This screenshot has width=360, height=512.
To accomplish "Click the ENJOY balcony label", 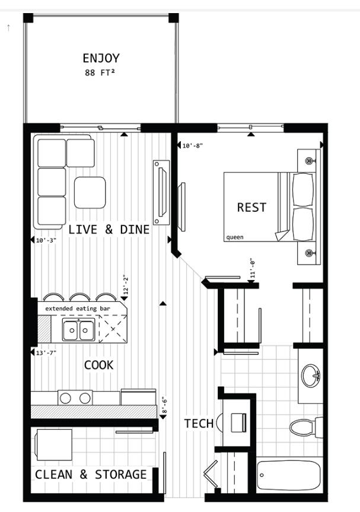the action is click(x=101, y=59).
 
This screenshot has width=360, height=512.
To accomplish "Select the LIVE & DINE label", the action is click(x=109, y=230).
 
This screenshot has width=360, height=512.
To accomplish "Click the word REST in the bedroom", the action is click(x=251, y=207).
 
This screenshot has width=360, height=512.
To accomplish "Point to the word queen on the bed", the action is click(x=235, y=237).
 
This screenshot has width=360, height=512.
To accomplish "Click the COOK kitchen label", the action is click(x=98, y=365).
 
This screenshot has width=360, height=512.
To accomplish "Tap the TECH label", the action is click(x=199, y=424).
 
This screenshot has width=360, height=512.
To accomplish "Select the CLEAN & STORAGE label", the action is click(x=91, y=475).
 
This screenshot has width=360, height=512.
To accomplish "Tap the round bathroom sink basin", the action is click(x=311, y=376).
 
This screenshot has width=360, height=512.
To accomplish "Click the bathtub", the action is click(x=288, y=475).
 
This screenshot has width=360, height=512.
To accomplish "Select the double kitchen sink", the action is click(x=78, y=330).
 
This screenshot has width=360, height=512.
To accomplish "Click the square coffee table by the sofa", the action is click(x=90, y=193).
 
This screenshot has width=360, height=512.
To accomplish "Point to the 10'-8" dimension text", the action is click(x=193, y=145).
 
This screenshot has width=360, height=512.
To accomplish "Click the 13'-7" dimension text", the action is click(x=46, y=352).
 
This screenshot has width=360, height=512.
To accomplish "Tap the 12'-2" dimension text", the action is click(x=126, y=285).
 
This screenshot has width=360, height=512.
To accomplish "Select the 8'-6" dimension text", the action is click(x=164, y=405).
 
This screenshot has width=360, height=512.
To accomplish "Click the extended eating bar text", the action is click(x=78, y=309).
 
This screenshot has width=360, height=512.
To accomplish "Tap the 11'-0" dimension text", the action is click(x=252, y=268).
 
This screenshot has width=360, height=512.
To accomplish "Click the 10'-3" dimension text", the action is click(x=46, y=241).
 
